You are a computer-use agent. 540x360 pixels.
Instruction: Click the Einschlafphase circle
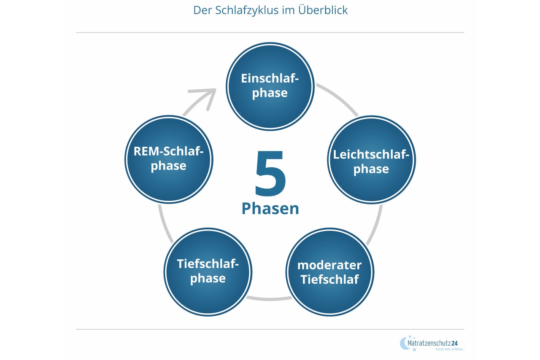click(270, 86)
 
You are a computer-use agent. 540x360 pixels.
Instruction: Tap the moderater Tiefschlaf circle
click(329, 272)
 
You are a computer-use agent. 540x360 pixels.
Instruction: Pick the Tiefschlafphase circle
click(208, 272)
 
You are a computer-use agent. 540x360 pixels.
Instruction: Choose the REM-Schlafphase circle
click(169, 159)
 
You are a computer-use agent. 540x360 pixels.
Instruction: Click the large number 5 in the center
click(270, 174)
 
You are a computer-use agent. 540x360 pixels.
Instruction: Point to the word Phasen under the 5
click(270, 209)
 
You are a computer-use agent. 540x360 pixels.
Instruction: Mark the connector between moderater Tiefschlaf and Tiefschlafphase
click(269, 299)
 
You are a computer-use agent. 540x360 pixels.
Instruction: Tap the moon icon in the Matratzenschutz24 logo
click(403, 343)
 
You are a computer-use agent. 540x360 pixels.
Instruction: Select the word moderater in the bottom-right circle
click(329, 265)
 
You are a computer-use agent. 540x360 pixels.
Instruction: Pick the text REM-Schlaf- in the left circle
click(169, 151)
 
